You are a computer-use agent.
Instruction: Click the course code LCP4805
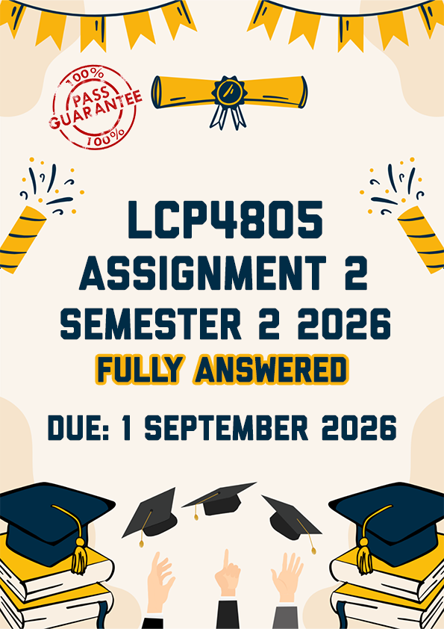(x=225, y=220)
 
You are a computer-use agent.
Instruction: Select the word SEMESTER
(x=151, y=323)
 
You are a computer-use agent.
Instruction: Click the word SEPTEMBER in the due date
(x=226, y=427)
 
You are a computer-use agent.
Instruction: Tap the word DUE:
(x=78, y=427)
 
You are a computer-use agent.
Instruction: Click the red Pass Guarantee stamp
(x=96, y=108)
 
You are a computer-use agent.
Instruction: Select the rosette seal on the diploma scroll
(x=229, y=92)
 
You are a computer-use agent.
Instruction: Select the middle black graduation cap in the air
(x=219, y=500)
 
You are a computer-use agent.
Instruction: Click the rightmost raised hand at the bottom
(x=287, y=577)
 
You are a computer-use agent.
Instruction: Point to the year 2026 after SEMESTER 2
(x=344, y=323)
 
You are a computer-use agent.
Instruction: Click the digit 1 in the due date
(x=127, y=427)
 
